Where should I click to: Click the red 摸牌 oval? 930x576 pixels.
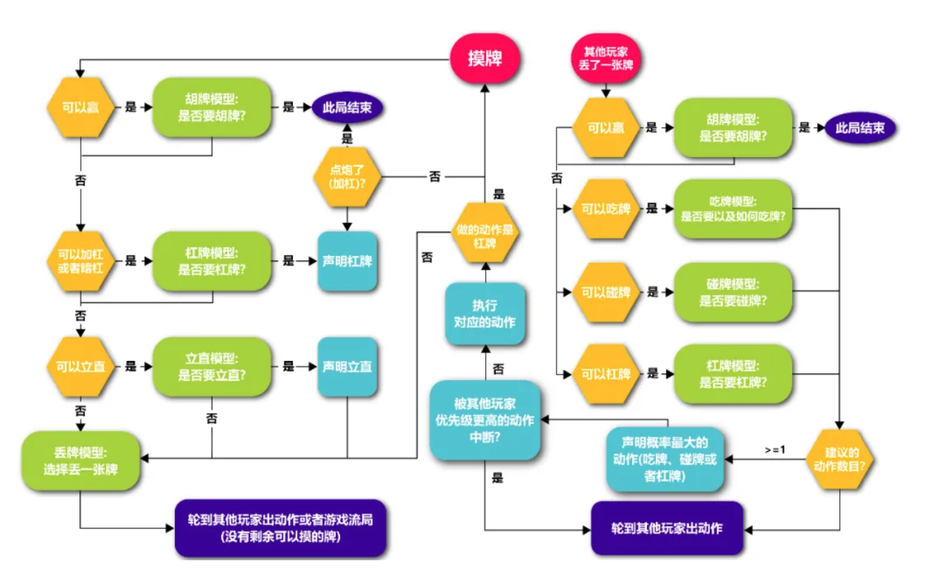485,57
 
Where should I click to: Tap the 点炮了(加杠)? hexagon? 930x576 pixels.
346,176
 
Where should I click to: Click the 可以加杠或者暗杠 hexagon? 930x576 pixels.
80,261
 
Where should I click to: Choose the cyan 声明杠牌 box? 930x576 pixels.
346,261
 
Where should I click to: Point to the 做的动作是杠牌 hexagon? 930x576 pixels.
485,237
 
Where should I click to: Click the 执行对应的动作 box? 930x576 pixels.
485,314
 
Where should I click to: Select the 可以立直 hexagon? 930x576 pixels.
80,367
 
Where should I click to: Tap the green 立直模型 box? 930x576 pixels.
212,367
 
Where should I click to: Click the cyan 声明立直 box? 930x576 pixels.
346,367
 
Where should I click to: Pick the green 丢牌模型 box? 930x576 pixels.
80,460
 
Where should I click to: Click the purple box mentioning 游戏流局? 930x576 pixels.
281,528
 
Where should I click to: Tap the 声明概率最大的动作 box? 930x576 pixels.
664,460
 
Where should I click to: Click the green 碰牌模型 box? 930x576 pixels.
734,292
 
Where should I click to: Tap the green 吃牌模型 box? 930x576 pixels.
734,209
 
